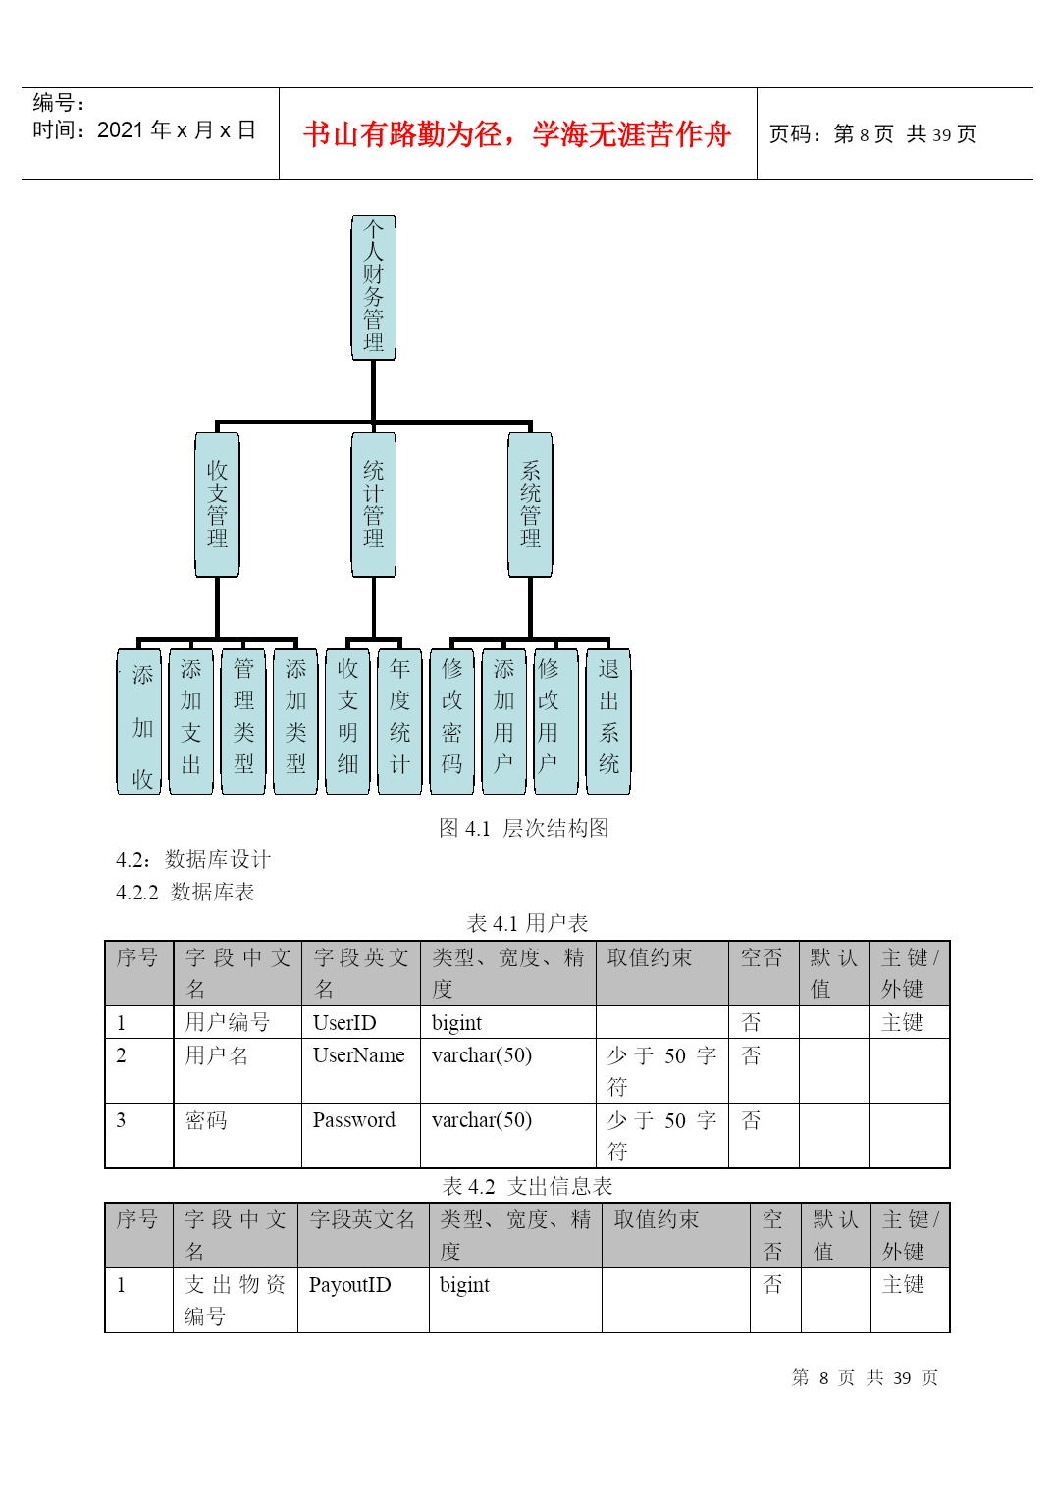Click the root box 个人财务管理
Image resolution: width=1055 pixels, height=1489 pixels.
[x=373, y=287]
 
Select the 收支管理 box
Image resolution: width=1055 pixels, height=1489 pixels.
[x=217, y=504]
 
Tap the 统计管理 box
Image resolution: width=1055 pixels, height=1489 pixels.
[x=373, y=504]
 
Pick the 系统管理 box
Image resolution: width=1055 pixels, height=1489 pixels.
[x=530, y=504]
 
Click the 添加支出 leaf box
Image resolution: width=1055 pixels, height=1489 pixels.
[x=191, y=721]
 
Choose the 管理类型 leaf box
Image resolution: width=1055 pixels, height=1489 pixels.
[x=243, y=721]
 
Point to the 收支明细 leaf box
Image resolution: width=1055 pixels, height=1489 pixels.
[x=347, y=721]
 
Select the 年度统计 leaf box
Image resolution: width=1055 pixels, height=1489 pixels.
[x=399, y=721]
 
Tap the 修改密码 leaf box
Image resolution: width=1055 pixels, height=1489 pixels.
[x=451, y=721]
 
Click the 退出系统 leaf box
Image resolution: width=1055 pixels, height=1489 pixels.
[x=608, y=721]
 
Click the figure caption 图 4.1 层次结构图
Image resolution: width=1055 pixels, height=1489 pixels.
[x=523, y=828]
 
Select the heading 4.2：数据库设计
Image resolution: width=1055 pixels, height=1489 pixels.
[x=193, y=859]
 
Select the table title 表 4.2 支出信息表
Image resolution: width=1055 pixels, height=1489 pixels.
[x=527, y=1187]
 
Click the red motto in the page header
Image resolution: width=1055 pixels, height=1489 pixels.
[x=517, y=133]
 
